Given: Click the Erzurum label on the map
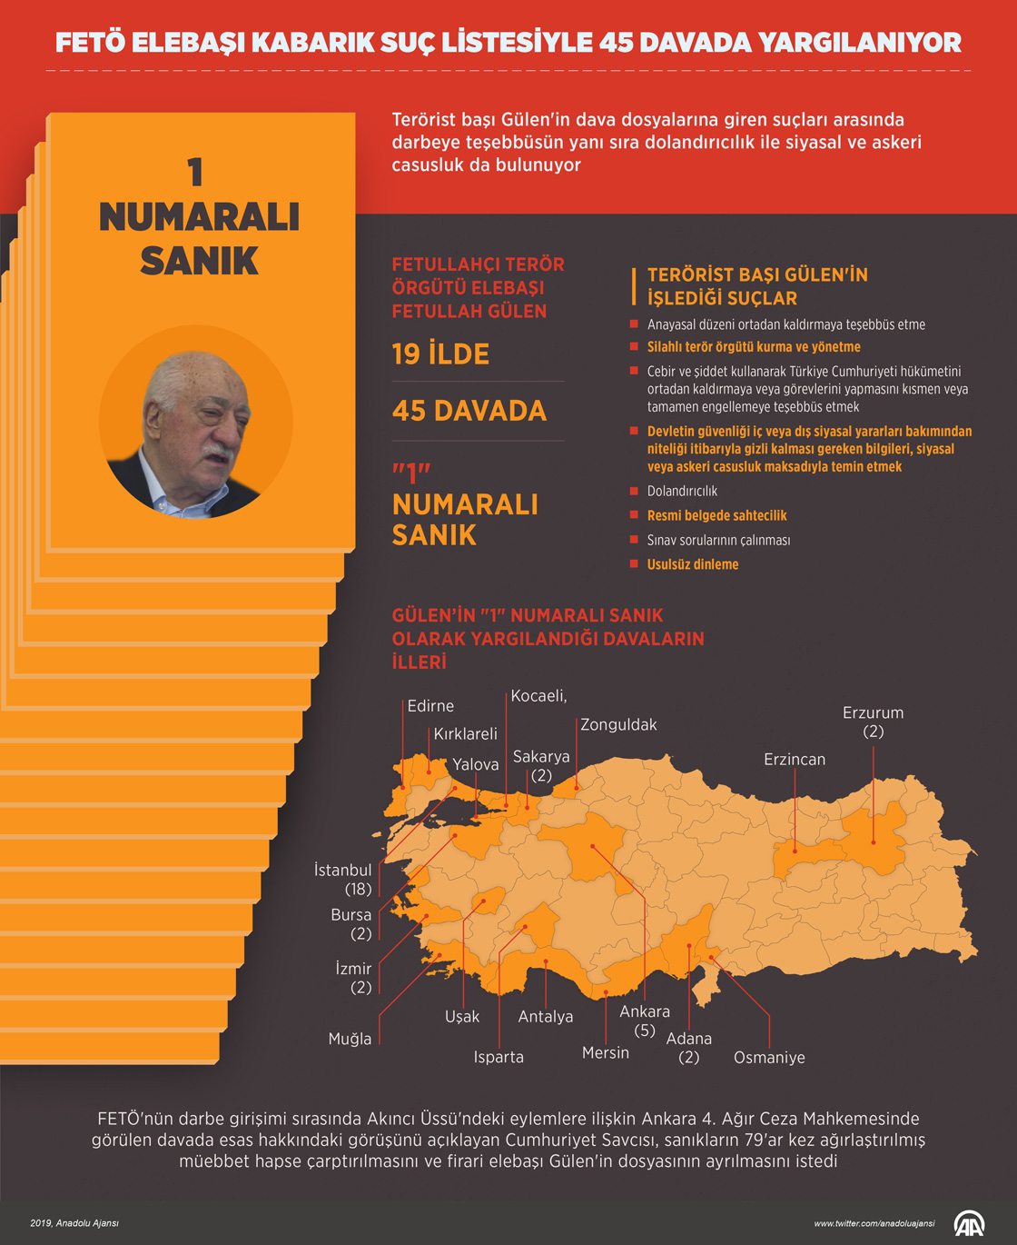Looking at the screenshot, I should [873, 713].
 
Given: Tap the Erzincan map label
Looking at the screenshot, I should [795, 760].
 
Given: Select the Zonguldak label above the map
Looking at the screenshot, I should [618, 725].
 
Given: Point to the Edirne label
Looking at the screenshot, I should [430, 706].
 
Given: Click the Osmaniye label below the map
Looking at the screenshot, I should [769, 1058].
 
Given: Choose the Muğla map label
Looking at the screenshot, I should [351, 1039].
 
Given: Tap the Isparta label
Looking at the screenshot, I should [499, 1057].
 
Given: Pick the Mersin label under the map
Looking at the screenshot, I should [606, 1052].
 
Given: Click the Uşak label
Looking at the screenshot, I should [462, 1017].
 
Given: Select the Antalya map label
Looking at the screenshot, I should [546, 1017].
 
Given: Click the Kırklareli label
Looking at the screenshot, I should [466, 734].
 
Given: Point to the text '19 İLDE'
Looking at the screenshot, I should [440, 354].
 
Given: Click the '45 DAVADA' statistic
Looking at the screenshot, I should [469, 411].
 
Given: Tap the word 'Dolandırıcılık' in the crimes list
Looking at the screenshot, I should [682, 492].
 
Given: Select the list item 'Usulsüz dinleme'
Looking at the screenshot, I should [693, 564].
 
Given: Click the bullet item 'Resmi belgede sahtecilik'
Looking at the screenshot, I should [716, 515].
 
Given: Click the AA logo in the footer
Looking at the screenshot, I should [969, 1223].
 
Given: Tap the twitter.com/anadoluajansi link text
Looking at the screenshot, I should [874, 1223].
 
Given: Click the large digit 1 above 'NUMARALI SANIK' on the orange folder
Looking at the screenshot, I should [195, 173].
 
